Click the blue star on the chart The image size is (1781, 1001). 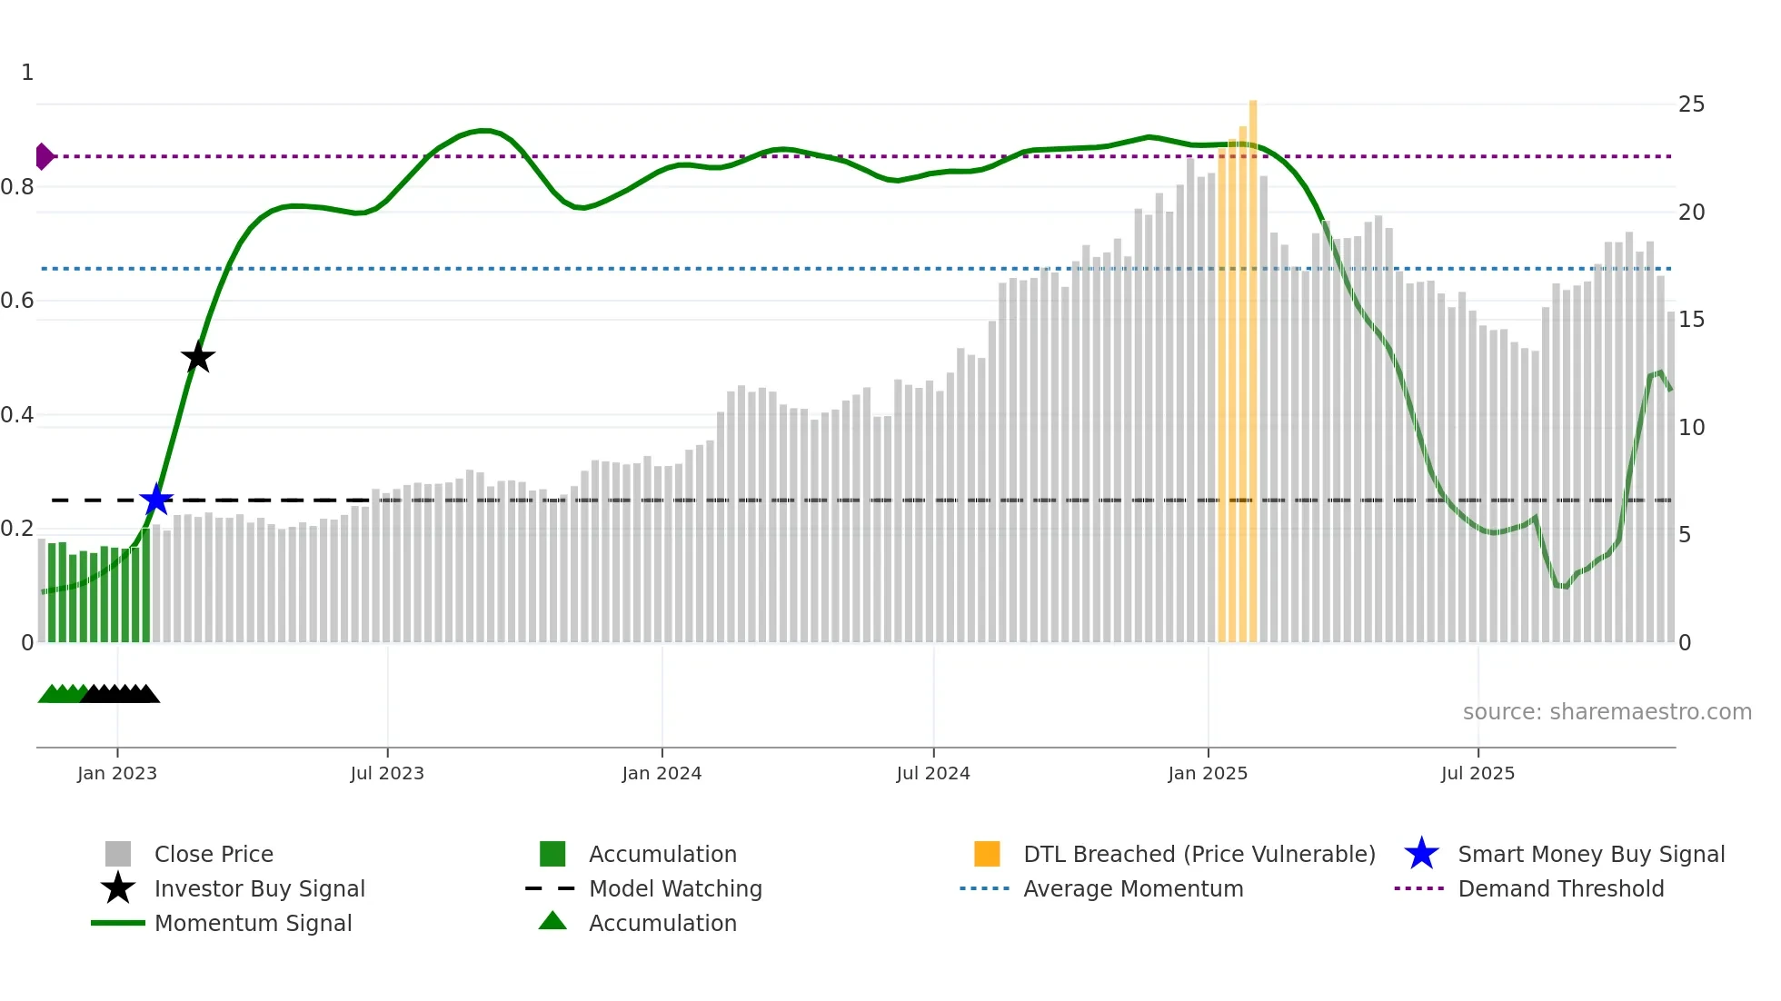(x=156, y=500)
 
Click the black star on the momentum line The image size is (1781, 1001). (x=198, y=357)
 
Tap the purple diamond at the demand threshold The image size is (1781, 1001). (x=44, y=156)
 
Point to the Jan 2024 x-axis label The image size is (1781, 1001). (x=662, y=773)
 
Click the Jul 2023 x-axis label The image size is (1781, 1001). (x=387, y=773)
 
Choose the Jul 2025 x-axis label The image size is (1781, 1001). (x=1478, y=773)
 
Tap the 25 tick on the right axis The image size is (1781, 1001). (x=1691, y=104)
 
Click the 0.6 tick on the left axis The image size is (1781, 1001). (x=18, y=301)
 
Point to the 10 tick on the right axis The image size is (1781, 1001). (x=1691, y=427)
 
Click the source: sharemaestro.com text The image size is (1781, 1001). (x=1607, y=712)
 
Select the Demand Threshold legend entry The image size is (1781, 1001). (x=1560, y=888)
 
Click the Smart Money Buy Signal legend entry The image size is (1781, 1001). (x=1590, y=854)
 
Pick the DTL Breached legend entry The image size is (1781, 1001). (x=1199, y=854)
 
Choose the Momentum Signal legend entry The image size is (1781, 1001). (x=253, y=923)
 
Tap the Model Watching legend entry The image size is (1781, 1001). (x=675, y=888)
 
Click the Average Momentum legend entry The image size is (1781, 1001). (x=1132, y=888)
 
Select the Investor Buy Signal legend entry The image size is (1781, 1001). (x=259, y=888)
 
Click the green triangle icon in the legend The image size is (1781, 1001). (x=552, y=921)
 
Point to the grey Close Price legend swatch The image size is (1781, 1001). (x=118, y=854)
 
